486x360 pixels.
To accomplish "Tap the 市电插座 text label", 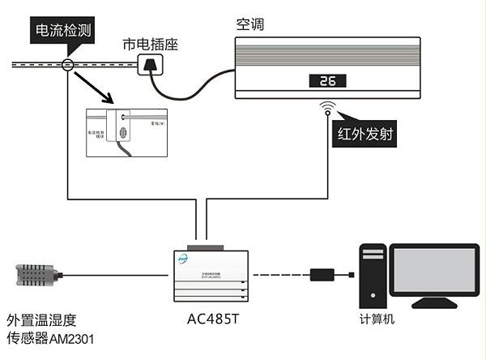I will (148, 44).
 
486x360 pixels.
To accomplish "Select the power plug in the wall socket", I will (149, 66).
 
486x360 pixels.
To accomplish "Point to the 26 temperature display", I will (327, 81).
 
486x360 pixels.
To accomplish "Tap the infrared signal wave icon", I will (328, 107).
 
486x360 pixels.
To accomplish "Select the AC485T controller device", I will (209, 274).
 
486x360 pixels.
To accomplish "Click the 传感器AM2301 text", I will (50, 337).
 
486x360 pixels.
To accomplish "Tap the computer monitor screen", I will (433, 271).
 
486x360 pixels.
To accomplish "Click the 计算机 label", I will (377, 319).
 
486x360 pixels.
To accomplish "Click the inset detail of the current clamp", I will (129, 132).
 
